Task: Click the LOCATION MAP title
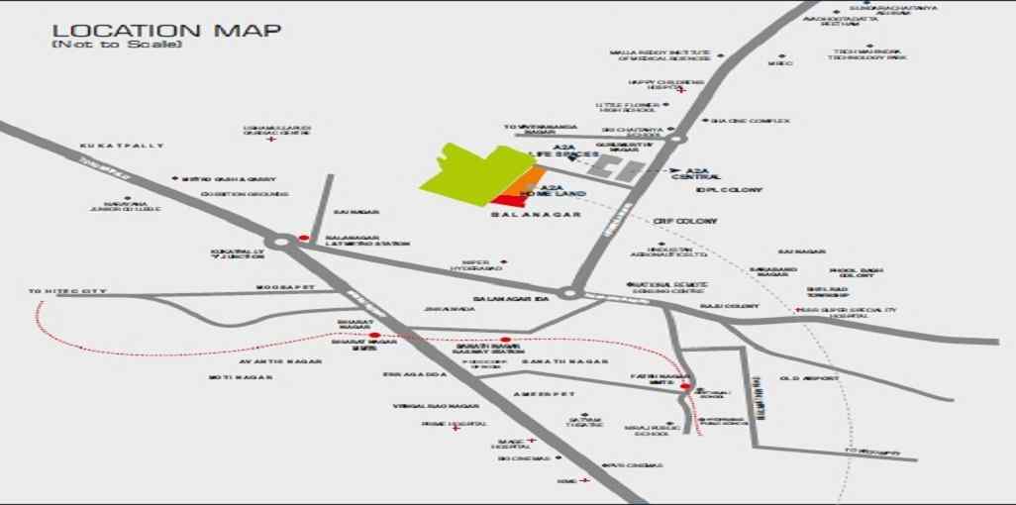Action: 166,30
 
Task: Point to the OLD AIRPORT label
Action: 809,378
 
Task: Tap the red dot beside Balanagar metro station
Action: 304,238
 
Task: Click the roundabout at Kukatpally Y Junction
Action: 280,241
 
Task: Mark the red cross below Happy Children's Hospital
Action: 681,91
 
